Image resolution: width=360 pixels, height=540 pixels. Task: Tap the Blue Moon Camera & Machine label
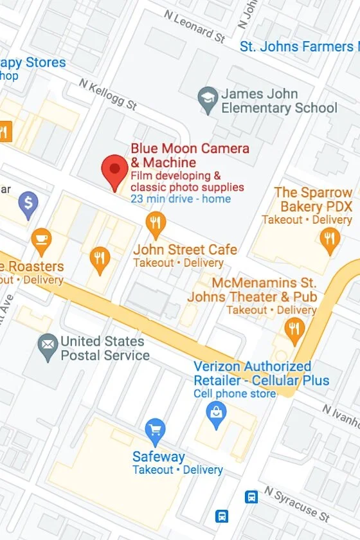click(x=190, y=156)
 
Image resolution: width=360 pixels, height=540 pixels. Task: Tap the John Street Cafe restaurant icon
click(x=156, y=224)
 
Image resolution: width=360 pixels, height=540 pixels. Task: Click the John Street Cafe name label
click(x=185, y=249)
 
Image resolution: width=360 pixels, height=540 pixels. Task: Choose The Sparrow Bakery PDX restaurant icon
click(x=329, y=239)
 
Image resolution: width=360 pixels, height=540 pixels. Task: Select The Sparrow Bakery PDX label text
click(x=313, y=199)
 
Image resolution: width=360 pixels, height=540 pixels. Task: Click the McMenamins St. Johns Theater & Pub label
click(x=252, y=290)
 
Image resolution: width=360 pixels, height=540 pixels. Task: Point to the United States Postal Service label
click(x=105, y=348)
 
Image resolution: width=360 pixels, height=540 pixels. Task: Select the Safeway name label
click(x=158, y=457)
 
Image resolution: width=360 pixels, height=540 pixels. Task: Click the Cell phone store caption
click(x=235, y=393)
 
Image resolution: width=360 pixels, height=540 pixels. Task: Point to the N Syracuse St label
click(x=296, y=504)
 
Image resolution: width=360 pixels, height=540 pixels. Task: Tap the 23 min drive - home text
click(x=180, y=199)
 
